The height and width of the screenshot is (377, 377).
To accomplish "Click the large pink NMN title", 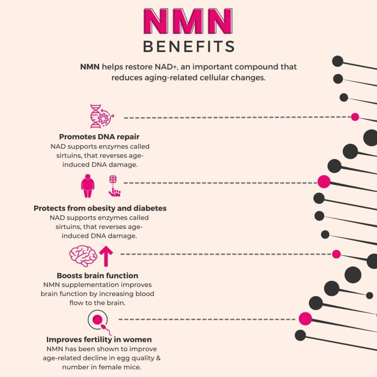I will pyautogui.click(x=188, y=21).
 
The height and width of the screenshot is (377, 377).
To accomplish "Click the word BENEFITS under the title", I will pyautogui.click(x=188, y=47).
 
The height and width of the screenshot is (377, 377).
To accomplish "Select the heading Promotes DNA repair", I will pyautogui.click(x=99, y=137).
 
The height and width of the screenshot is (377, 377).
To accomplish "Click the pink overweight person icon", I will pyautogui.click(x=88, y=186).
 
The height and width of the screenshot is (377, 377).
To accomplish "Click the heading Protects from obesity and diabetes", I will pyautogui.click(x=100, y=208).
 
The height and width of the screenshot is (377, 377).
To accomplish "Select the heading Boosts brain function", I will pyautogui.click(x=97, y=275).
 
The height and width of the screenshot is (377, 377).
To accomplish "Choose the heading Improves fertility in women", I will pyautogui.click(x=99, y=339).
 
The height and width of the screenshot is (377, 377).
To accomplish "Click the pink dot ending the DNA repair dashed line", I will pyautogui.click(x=355, y=117).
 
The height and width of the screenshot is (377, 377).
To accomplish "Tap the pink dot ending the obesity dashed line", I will pyautogui.click(x=324, y=182).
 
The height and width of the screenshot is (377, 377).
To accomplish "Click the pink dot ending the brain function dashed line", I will pyautogui.click(x=336, y=254).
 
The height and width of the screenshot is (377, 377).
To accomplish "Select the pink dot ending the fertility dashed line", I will pyautogui.click(x=305, y=319).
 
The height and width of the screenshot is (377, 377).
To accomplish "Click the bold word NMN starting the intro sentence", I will pyautogui.click(x=90, y=67).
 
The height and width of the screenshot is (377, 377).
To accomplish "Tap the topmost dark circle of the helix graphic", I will pyautogui.click(x=338, y=61).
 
